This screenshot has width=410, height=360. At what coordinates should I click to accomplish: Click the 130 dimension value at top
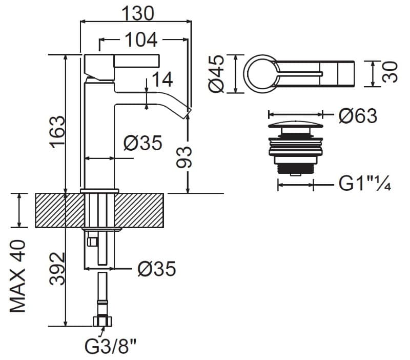(138, 14)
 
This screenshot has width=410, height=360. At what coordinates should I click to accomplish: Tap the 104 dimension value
(141, 40)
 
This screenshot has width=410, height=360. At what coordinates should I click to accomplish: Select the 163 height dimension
(57, 132)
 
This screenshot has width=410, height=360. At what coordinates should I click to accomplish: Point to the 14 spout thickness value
(162, 79)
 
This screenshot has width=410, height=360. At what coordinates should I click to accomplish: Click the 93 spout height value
(184, 157)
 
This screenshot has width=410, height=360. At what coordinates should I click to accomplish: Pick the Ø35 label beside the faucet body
(143, 143)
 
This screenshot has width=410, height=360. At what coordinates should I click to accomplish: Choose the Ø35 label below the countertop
(157, 269)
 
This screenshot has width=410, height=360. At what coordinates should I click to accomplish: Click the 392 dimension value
(57, 269)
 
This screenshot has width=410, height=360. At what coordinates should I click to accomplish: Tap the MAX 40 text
(18, 276)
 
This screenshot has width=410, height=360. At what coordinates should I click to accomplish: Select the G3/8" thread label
(111, 346)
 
